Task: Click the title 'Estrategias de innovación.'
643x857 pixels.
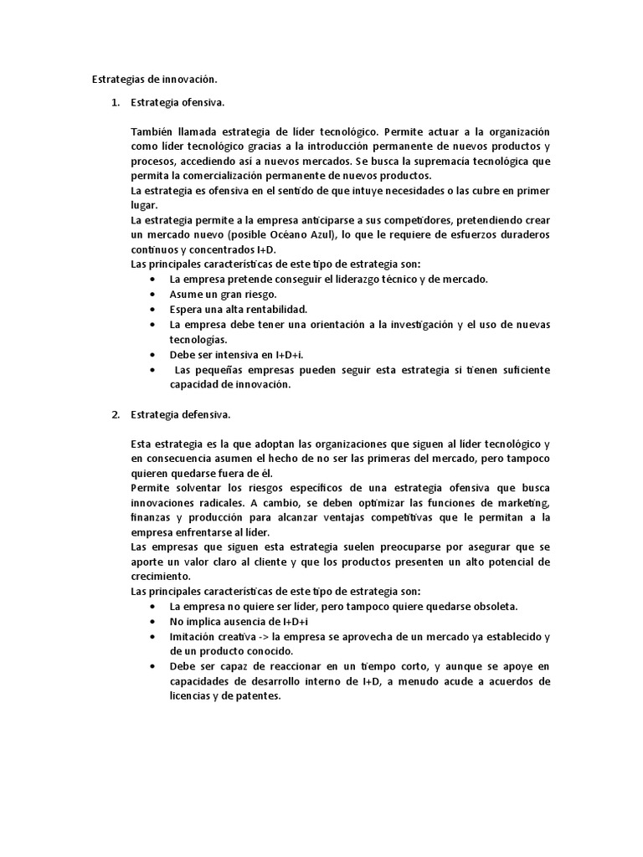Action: click(x=153, y=80)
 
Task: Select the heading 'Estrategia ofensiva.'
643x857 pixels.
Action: click(x=177, y=103)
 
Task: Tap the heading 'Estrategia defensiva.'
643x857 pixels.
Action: click(x=180, y=414)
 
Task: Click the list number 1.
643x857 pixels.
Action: click(x=116, y=103)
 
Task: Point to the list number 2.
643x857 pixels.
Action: click(x=116, y=414)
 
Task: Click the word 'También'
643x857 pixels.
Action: click(x=150, y=132)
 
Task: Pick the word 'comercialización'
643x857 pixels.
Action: click(x=248, y=176)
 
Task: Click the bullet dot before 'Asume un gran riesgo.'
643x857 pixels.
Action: click(x=151, y=294)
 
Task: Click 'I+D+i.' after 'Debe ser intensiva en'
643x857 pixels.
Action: click(x=287, y=354)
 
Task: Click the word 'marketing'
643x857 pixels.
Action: click(x=521, y=502)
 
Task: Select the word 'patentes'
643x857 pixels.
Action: click(x=258, y=695)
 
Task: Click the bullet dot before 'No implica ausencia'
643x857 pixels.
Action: click(x=151, y=622)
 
